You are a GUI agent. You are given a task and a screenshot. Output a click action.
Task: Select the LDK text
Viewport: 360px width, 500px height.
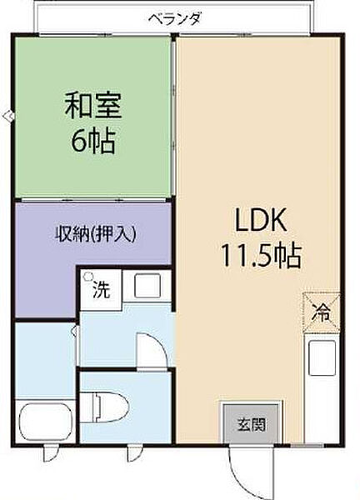(259, 220)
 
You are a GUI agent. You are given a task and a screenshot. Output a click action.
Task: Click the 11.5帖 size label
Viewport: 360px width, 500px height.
(259, 252)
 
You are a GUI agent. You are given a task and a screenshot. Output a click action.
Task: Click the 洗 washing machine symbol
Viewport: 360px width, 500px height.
(100, 292)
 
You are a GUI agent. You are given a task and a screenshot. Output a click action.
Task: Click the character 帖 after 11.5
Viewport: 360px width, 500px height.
(289, 252)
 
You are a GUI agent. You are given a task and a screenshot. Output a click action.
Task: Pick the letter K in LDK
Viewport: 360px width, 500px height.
(278, 220)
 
